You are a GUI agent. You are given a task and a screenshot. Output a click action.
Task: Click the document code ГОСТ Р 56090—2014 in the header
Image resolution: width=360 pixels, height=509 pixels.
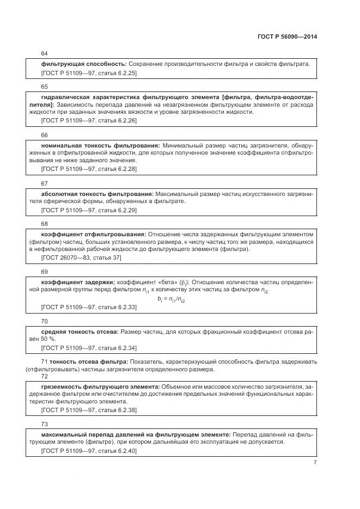[x=287, y=36]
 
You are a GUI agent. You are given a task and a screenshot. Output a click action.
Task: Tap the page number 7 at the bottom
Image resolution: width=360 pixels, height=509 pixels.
[x=315, y=462]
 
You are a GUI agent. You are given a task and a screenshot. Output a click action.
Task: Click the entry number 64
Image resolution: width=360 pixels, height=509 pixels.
[x=45, y=53]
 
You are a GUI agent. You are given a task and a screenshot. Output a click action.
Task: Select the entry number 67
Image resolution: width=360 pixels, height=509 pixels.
[x=45, y=183]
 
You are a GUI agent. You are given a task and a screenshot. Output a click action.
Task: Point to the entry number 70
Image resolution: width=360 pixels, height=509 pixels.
[x=45, y=321]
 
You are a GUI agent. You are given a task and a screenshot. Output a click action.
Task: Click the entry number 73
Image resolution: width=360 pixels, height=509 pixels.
[x=45, y=424]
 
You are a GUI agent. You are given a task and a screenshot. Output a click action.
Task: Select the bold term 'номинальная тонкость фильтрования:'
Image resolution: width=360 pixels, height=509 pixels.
[x=100, y=146]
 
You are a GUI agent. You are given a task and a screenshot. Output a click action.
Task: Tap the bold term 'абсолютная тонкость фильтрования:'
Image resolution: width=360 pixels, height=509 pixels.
[x=97, y=194]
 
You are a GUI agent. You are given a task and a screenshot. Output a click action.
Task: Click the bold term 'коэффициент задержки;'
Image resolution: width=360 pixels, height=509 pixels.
[x=78, y=282]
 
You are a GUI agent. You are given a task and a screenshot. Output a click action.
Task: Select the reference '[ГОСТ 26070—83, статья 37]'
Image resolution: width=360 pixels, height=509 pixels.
[x=81, y=257]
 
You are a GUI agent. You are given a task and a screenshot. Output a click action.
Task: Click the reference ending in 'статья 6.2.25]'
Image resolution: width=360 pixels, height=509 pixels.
[x=89, y=72]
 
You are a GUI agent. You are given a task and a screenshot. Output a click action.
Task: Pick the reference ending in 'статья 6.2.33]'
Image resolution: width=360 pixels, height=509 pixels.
[x=89, y=307]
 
